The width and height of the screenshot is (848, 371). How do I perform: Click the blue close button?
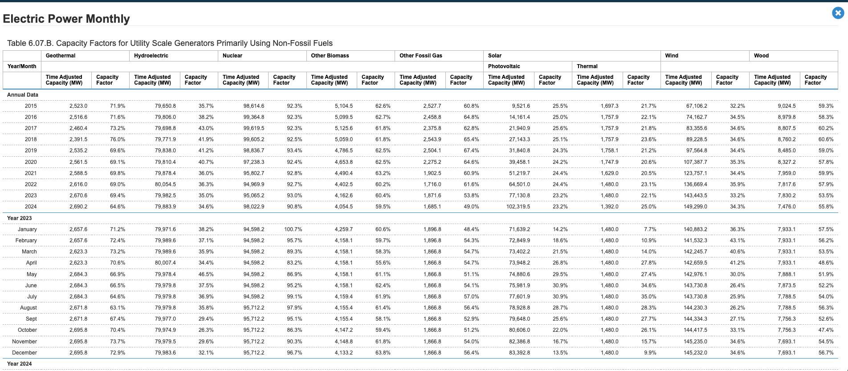[x=838, y=13]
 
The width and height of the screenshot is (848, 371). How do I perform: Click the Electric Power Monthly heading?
[x=66, y=19]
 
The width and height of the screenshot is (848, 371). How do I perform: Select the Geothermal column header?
[x=61, y=56]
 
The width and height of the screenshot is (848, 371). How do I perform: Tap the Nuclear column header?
[x=232, y=56]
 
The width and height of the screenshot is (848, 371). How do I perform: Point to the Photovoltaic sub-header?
[x=504, y=66]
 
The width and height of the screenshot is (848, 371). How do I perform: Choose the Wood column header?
[x=761, y=56]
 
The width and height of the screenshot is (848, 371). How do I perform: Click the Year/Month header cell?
[x=22, y=66]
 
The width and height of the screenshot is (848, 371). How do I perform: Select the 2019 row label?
[x=31, y=151]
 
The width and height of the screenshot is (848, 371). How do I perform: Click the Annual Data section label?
[x=23, y=95]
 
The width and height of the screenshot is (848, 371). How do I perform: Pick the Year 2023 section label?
[x=20, y=218]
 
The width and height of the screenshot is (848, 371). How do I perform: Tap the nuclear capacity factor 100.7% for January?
[x=293, y=229]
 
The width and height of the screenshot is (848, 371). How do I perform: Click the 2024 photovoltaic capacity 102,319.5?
[x=518, y=207]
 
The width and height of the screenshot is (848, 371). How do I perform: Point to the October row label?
[x=27, y=330]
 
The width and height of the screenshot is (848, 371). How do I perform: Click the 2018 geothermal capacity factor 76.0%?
[x=118, y=139]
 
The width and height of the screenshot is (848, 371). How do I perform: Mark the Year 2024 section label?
[x=20, y=364]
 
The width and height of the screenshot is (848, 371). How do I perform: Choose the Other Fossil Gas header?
[x=420, y=56]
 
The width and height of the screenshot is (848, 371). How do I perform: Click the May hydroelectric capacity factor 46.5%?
[x=206, y=274]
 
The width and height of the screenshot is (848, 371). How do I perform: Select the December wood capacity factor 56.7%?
[x=826, y=353]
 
